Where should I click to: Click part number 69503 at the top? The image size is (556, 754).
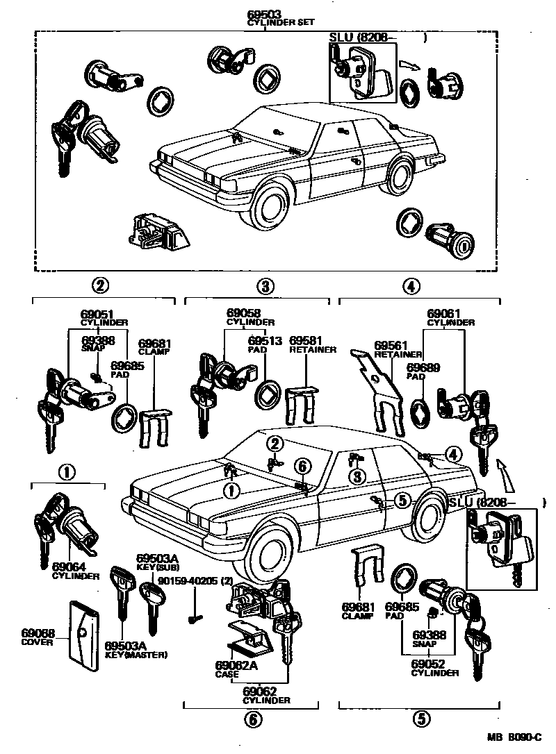click(x=266, y=15)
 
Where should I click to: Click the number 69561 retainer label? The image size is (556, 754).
click(x=390, y=346)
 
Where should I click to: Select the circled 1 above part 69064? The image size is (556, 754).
click(x=66, y=473)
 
